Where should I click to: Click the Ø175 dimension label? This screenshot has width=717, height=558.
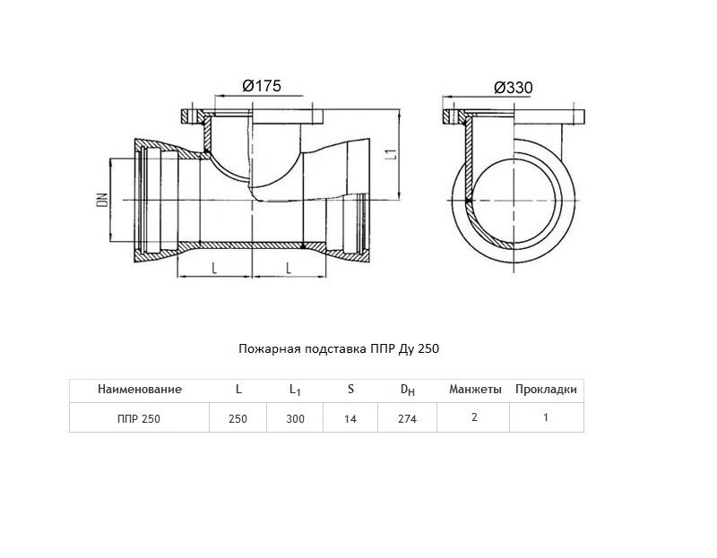pos(262,86)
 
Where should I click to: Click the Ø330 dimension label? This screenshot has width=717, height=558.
pos(513,87)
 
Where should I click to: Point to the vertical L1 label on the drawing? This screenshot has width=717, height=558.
pos(391,154)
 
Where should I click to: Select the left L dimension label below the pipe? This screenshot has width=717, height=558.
pos(214,268)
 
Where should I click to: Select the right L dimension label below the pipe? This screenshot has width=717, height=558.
pos(289,268)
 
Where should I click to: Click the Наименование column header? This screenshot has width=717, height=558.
pos(140,390)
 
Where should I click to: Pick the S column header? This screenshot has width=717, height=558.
pos(350,389)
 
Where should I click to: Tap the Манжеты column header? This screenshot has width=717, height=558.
pos(475,390)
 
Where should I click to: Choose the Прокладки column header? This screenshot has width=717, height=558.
pos(546,390)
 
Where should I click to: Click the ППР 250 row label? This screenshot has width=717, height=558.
pos(139,418)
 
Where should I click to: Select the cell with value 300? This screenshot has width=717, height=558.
pos(295,418)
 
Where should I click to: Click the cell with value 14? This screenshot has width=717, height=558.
pos(350,418)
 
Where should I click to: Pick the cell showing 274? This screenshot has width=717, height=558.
pos(407,418)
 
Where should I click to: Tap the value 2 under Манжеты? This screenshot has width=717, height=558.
pos(474,417)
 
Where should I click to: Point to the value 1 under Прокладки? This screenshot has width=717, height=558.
pos(546,417)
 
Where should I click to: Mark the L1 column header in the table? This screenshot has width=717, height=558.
pos(295,390)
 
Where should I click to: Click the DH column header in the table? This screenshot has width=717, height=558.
pos(408,390)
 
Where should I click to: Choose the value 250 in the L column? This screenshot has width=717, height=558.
pos(238,418)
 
